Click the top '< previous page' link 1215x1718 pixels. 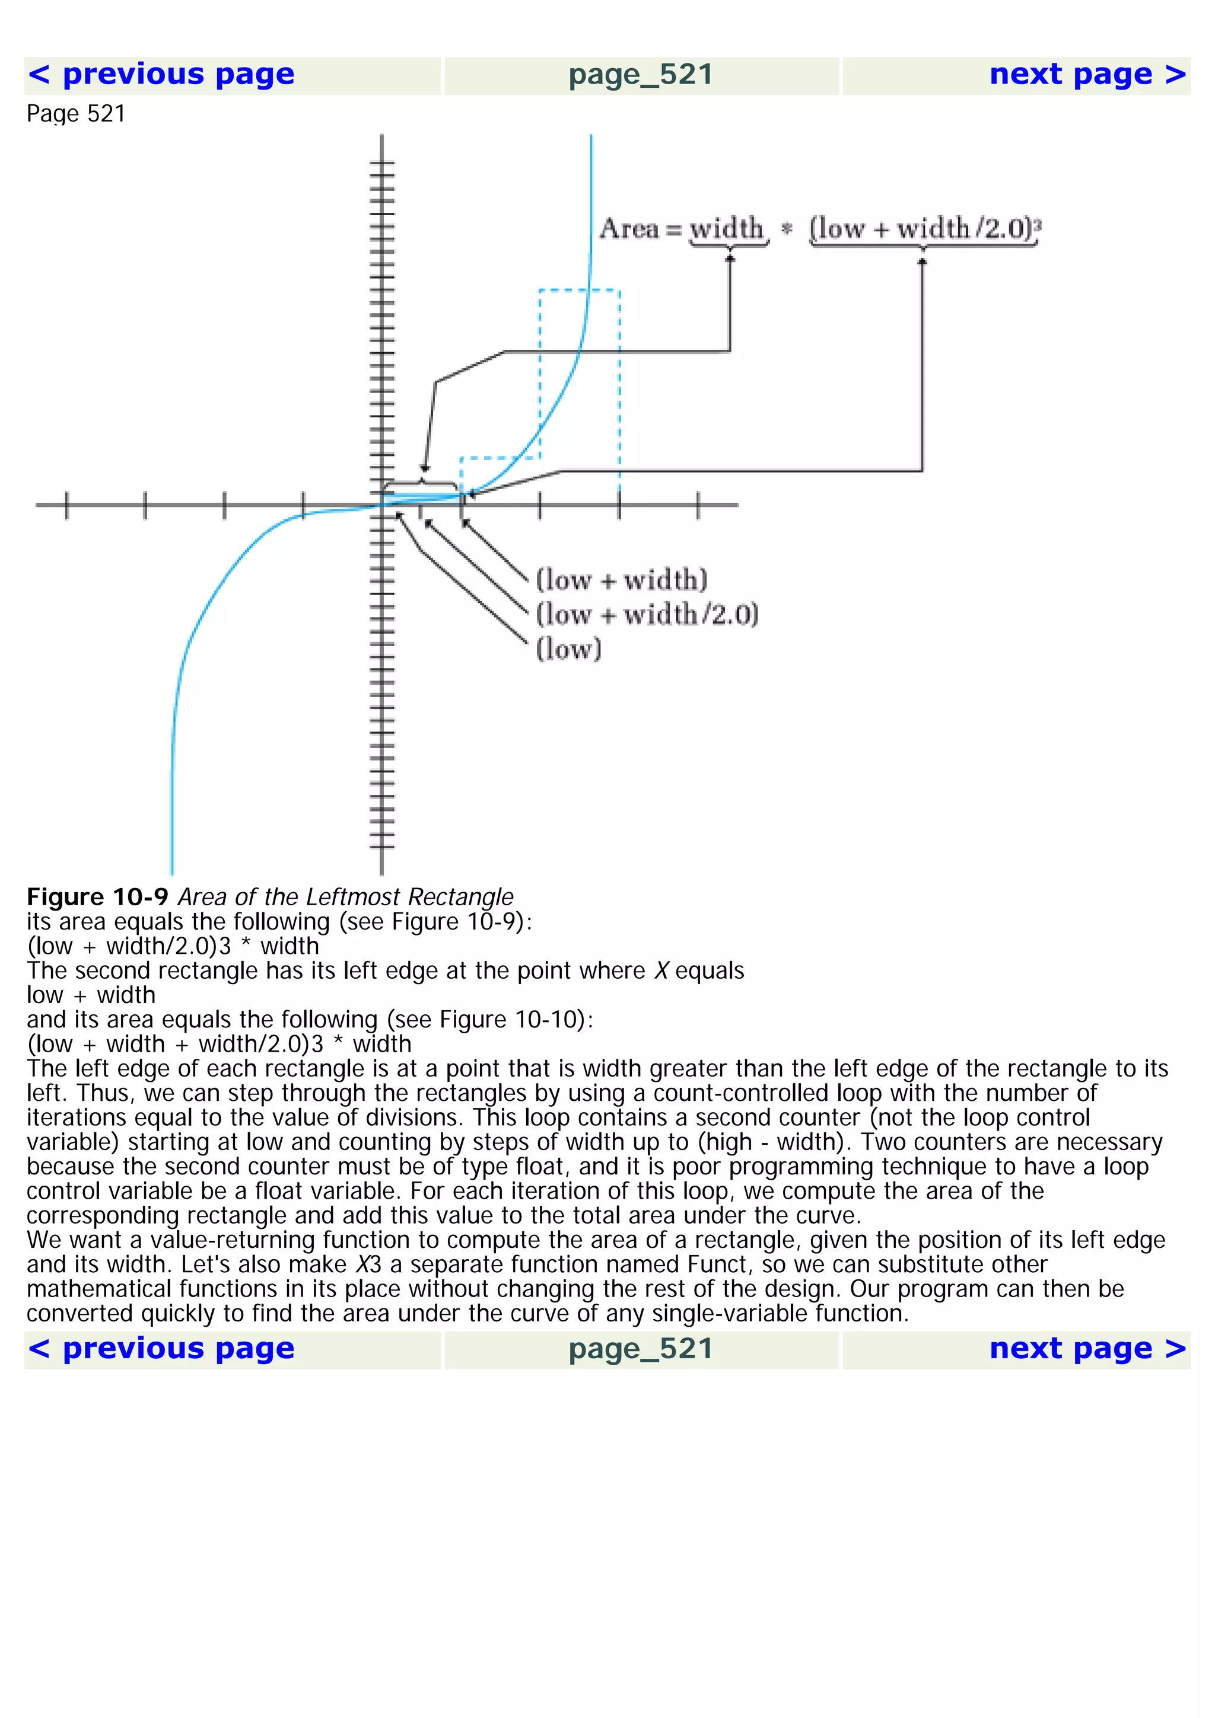click(161, 75)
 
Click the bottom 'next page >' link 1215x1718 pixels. click(1087, 1348)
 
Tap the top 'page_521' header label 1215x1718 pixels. click(640, 75)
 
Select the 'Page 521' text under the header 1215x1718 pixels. click(75, 114)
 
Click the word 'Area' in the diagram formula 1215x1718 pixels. click(629, 228)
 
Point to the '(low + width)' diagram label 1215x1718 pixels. click(621, 580)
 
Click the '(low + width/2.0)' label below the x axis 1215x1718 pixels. click(647, 614)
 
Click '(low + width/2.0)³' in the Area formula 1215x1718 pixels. click(925, 228)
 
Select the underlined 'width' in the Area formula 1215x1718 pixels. click(726, 228)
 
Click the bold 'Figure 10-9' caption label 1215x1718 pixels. click(97, 896)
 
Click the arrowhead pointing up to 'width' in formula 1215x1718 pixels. click(730, 258)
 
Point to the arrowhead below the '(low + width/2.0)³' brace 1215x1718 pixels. click(923, 261)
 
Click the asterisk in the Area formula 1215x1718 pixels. click(786, 229)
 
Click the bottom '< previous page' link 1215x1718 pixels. click(161, 1348)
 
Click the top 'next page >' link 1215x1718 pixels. click(1087, 75)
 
